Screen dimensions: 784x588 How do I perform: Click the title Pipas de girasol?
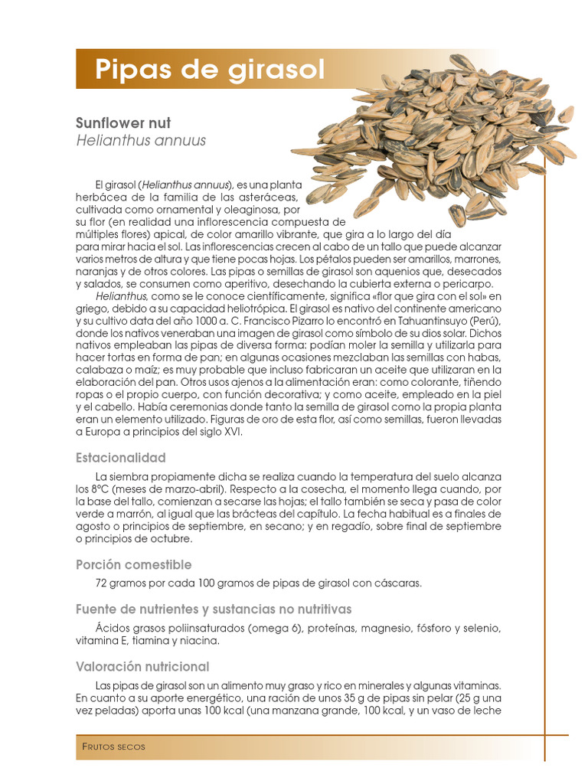(210, 70)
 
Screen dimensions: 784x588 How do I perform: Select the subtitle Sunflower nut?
(123, 123)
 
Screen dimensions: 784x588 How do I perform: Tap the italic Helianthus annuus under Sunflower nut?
(141, 141)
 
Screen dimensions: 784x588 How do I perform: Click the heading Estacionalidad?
(121, 458)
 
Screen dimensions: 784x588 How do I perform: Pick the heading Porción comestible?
(133, 565)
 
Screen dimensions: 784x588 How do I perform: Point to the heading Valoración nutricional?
(142, 667)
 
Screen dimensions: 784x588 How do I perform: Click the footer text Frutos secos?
(113, 746)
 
